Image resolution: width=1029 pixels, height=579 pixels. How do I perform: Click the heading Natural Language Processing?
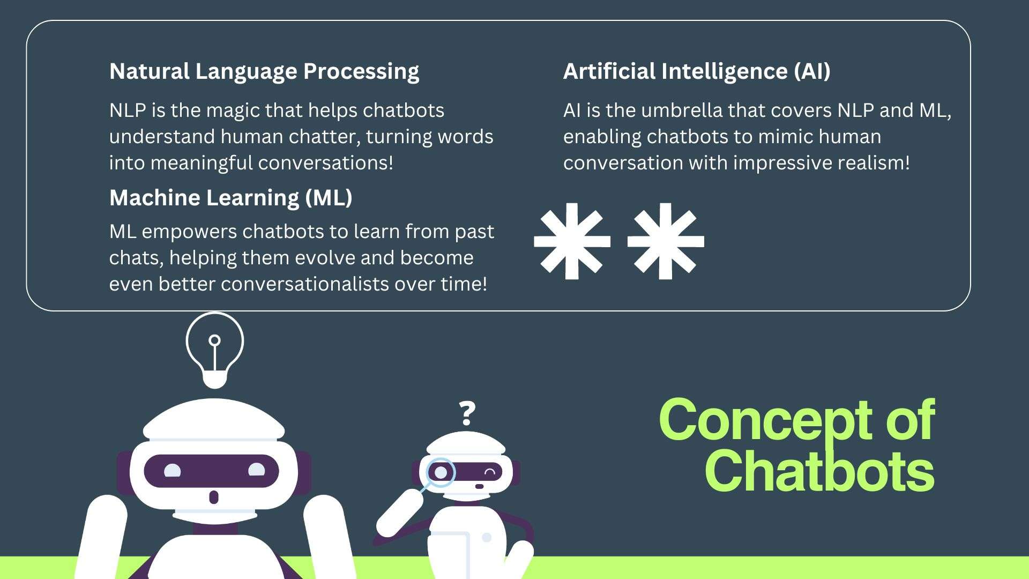264,71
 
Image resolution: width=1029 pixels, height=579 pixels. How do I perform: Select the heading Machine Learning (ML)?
230,198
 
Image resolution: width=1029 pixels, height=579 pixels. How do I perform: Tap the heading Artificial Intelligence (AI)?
696,71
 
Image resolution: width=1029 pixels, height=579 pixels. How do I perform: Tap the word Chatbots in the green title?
819,471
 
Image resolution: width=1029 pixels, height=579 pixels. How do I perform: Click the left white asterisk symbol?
572,241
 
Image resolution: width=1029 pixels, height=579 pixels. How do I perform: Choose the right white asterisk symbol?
666,241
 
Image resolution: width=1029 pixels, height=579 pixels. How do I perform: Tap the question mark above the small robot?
467,413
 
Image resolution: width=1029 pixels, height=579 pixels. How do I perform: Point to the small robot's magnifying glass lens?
440,472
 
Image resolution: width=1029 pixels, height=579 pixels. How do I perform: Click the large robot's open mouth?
213,497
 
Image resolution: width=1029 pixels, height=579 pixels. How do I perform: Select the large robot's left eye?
171,471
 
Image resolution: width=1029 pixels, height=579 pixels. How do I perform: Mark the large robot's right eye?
256,470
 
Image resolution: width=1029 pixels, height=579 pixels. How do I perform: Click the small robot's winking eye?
489,472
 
